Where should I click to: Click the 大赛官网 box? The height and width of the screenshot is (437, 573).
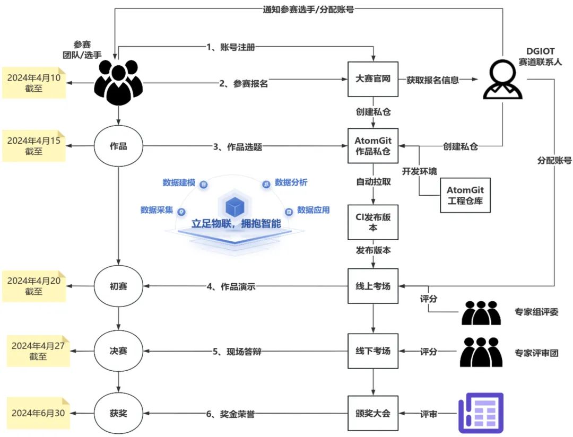coord(372,80)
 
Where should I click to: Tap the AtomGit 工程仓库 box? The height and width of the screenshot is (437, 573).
coord(465,195)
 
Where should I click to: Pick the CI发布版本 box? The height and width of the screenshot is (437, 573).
coord(372,222)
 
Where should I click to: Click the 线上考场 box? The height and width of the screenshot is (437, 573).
coord(372,286)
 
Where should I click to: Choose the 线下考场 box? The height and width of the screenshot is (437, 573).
coord(372,351)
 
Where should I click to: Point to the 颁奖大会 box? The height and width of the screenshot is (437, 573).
coord(372,412)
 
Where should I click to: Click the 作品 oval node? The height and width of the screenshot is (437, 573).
coord(118,146)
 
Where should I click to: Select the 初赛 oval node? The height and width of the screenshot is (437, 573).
coord(118,286)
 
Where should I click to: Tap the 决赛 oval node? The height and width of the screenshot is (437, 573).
coord(118,351)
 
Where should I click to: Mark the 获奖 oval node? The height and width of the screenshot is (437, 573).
coord(118,413)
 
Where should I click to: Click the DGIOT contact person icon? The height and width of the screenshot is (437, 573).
coord(502,79)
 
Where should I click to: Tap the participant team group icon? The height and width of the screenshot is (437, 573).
coord(118,83)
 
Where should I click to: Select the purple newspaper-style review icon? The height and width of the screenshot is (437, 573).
coord(480,412)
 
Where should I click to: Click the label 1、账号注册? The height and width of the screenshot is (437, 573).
coord(230,47)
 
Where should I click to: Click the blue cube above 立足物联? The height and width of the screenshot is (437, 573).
coord(234,207)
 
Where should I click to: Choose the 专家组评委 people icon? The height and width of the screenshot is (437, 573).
coord(481,312)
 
